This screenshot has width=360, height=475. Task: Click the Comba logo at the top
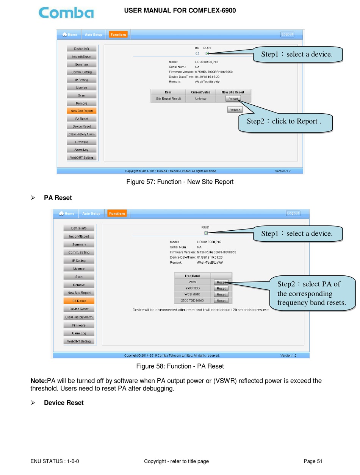click(66, 12)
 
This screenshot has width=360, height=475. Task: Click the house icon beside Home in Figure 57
click(64, 34)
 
